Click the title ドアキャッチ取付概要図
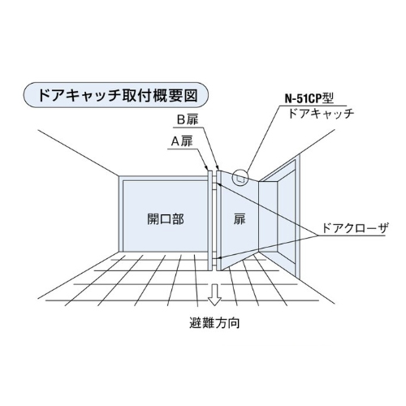click(x=119, y=95)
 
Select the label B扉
click(x=188, y=119)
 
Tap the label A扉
click(x=182, y=141)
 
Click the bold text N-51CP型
click(x=309, y=98)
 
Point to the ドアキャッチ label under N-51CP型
click(x=321, y=114)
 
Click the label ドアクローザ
click(x=355, y=228)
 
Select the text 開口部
click(x=166, y=219)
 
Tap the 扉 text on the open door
click(x=240, y=219)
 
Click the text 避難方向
click(x=214, y=323)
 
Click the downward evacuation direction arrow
click(x=214, y=295)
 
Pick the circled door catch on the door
click(x=240, y=177)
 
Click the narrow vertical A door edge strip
click(x=209, y=220)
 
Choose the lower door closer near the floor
click(x=214, y=257)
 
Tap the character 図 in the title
click(x=191, y=95)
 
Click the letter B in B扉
click(x=180, y=120)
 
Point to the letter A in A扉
click(x=175, y=141)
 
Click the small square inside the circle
click(x=240, y=179)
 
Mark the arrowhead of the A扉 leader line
click(x=207, y=169)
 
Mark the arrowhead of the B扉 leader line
click(x=218, y=168)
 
